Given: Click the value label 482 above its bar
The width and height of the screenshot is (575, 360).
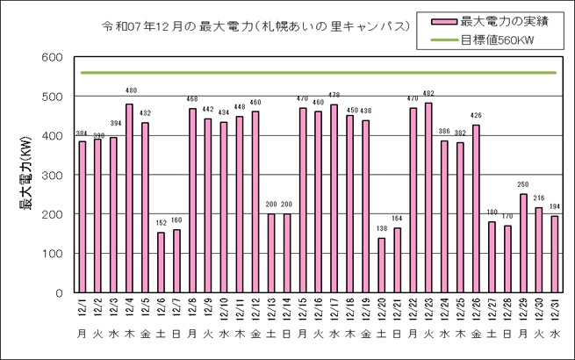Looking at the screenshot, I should coord(428,94).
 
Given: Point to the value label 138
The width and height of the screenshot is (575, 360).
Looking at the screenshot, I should coord(380,229).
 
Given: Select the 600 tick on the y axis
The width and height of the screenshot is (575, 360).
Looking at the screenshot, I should coord(52,58).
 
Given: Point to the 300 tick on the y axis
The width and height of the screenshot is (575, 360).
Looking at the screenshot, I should coord(52,176).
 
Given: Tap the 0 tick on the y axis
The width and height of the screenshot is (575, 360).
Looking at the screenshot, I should coord(59,293).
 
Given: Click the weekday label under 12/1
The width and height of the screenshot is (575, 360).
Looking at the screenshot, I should coord(82,335).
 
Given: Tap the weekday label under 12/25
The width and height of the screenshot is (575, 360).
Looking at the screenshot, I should coord(459,335).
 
